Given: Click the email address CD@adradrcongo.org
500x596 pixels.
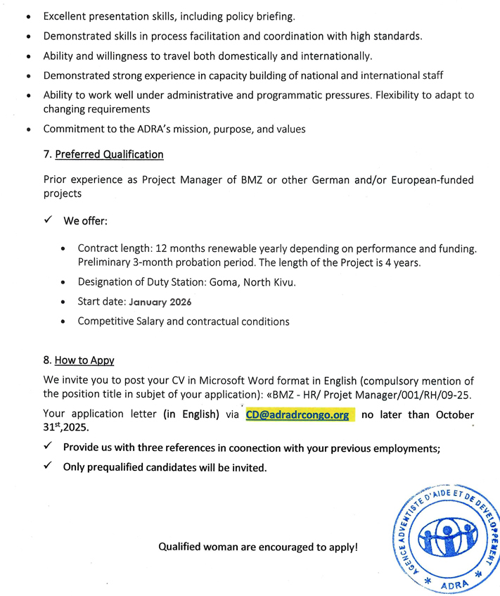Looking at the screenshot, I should pos(297,415).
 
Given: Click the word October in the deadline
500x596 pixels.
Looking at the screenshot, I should pos(450,415).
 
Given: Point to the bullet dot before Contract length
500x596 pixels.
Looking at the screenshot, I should pos(65,249).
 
